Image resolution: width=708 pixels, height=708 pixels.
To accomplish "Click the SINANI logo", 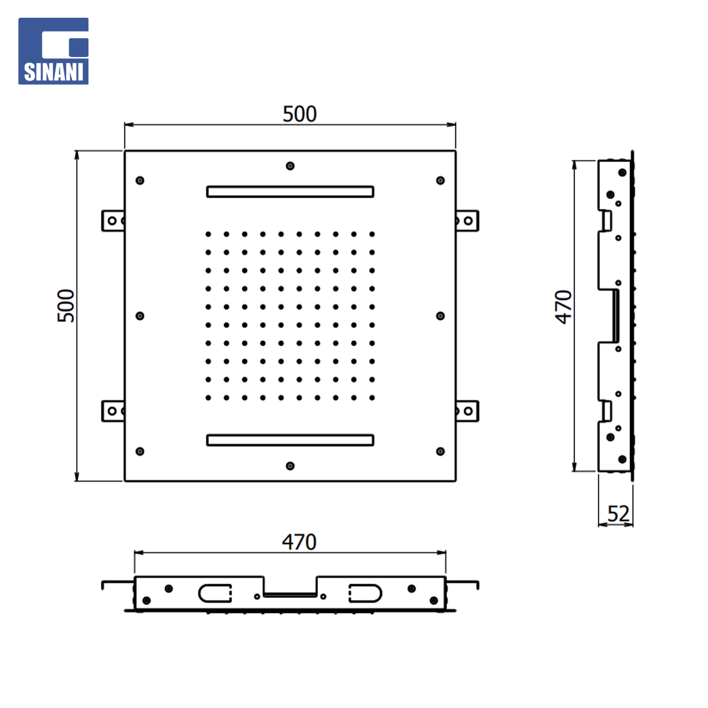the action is (53, 51).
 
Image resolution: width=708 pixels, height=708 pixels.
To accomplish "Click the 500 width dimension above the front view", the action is (300, 114).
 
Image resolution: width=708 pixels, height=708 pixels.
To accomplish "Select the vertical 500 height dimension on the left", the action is (66, 305).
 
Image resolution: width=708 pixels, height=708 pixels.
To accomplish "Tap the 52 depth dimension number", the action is (618, 514).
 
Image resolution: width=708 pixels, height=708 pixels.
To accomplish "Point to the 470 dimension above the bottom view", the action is (299, 542).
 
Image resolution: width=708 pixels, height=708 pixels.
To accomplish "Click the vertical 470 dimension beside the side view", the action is (564, 307).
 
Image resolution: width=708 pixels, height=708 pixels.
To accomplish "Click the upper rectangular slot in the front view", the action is (290, 192).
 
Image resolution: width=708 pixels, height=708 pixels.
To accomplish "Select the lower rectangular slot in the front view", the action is (290, 441).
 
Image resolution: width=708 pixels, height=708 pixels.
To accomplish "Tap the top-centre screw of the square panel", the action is (290, 166).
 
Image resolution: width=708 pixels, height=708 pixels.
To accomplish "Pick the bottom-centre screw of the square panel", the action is (290, 466).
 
